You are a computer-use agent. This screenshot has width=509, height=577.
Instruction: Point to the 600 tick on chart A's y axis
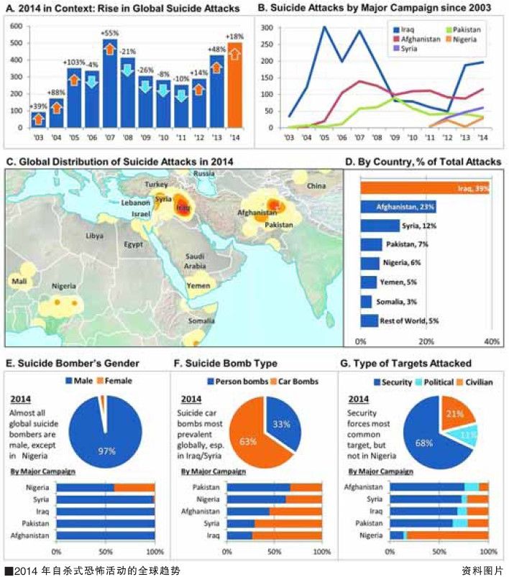pyautogui.click(x=17, y=26)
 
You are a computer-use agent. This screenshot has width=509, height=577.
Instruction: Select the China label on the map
pyautogui.click(x=316, y=186)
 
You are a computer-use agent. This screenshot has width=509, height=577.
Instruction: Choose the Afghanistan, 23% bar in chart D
pyautogui.click(x=398, y=207)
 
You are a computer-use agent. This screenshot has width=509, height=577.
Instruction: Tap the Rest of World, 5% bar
pyautogui.click(x=369, y=320)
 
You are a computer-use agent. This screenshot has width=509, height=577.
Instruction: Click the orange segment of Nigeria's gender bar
pyautogui.click(x=134, y=487)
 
